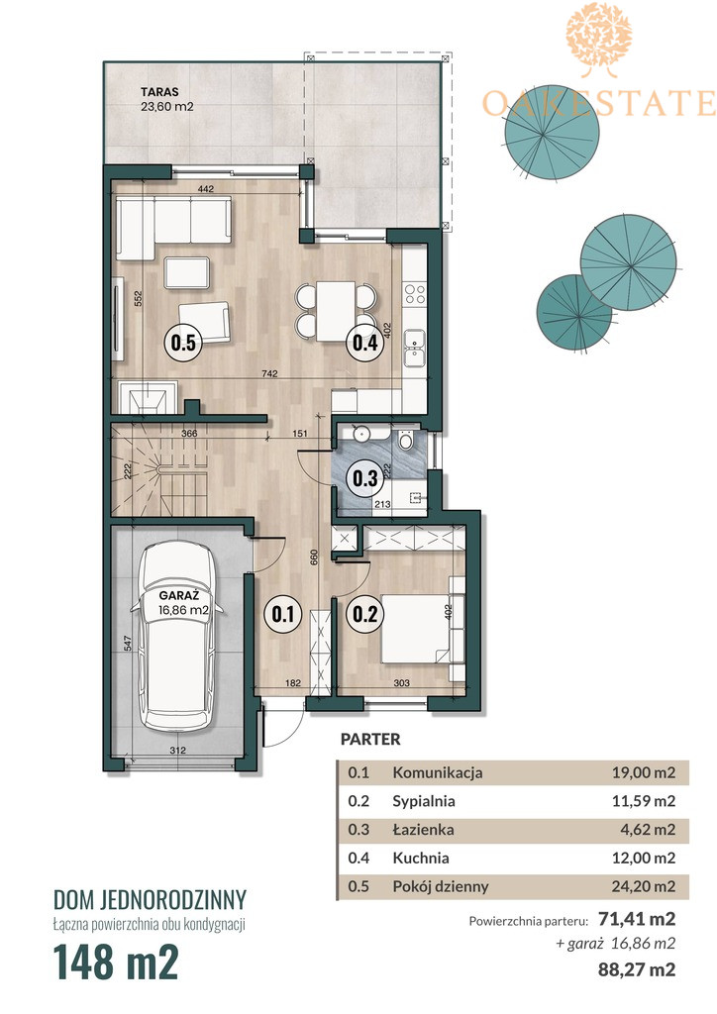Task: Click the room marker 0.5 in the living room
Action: click(x=183, y=342)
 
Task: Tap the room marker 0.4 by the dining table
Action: click(x=365, y=342)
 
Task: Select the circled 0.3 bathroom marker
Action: click(x=365, y=478)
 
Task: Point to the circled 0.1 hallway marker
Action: click(x=282, y=613)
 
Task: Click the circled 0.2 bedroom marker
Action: click(x=365, y=613)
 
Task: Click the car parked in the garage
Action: click(x=178, y=637)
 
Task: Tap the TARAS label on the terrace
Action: click(x=159, y=92)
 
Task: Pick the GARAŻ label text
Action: click(x=178, y=595)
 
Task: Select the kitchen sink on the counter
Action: click(x=412, y=348)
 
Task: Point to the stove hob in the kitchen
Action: click(x=414, y=293)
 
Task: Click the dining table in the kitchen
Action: click(x=336, y=311)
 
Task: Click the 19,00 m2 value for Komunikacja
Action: click(x=644, y=772)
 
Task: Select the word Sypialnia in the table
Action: click(x=424, y=801)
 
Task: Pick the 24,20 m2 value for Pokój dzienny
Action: click(x=644, y=886)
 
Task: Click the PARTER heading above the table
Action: click(x=370, y=739)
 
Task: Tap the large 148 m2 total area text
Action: click(x=116, y=962)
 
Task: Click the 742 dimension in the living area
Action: click(x=269, y=373)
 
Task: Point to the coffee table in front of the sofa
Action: click(x=187, y=272)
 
